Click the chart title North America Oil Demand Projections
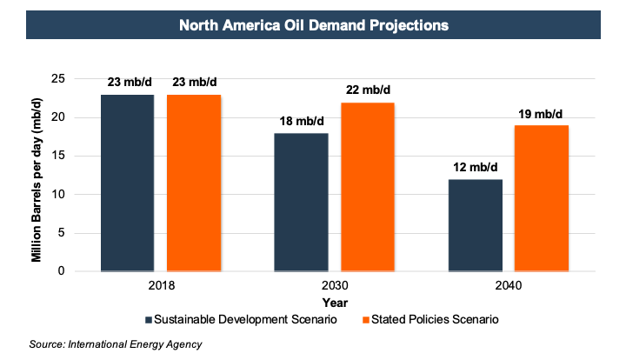(x=313, y=25)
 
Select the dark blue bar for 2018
(x=128, y=183)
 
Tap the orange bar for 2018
(x=194, y=183)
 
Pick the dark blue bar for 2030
(x=302, y=202)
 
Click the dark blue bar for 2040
(x=475, y=225)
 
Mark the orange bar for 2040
(x=541, y=198)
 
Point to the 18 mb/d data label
(x=302, y=122)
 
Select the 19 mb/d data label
(x=541, y=114)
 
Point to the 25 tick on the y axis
(x=83, y=79)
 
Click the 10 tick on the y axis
(x=83, y=194)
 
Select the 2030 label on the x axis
(x=335, y=285)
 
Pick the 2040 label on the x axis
(x=508, y=285)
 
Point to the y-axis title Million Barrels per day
(x=38, y=175)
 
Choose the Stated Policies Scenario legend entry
(x=431, y=319)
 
